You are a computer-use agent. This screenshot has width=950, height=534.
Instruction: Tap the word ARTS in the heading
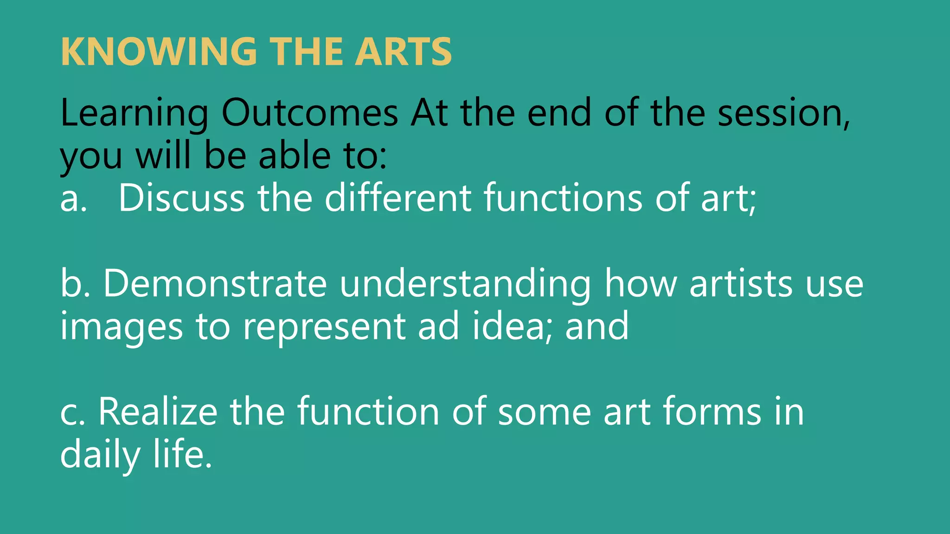pos(403,51)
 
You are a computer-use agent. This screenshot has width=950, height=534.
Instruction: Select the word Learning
pos(135,114)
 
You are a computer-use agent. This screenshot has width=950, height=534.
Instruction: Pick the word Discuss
pos(181,198)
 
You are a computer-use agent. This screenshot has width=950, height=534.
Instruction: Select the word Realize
pos(158,412)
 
